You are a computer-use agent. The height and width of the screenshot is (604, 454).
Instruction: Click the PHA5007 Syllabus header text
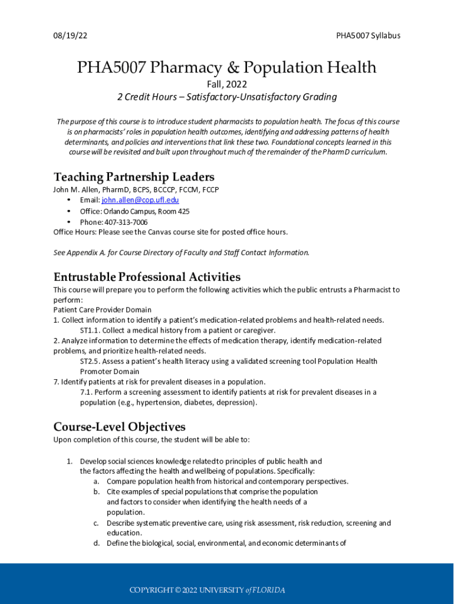click(368, 35)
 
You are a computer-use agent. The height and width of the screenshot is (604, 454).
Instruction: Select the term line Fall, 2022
click(226, 84)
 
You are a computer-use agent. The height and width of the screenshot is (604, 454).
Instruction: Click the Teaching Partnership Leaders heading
click(134, 177)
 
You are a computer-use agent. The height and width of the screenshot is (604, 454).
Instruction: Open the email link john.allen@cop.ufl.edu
click(136, 201)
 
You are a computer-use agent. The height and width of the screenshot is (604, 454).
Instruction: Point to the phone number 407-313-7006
click(126, 222)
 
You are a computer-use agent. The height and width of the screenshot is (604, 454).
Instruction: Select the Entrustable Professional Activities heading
click(147, 277)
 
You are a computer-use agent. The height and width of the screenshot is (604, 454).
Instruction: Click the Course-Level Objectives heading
click(120, 427)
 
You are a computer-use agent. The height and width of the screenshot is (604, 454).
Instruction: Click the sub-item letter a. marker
click(96, 481)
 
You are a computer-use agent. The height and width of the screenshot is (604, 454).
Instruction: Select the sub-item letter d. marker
click(96, 543)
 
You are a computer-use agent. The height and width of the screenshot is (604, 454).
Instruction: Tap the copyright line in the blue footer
click(207, 590)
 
